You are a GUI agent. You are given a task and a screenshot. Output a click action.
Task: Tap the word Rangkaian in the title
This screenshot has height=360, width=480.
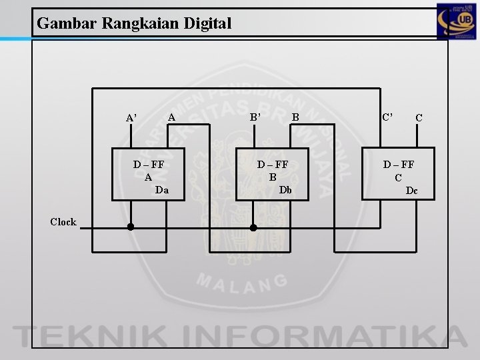point(137,24)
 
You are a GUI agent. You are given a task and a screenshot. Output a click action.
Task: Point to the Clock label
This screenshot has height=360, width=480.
point(63,222)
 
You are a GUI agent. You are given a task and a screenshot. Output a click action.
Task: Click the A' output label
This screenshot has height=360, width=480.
point(132,118)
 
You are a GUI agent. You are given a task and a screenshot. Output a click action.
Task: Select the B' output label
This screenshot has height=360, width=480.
point(255,118)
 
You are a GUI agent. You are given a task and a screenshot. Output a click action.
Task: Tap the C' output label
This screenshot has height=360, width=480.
point(387,117)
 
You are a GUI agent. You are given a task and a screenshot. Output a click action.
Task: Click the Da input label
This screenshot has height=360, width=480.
point(161,190)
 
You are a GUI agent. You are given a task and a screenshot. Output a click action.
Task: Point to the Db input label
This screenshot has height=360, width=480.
point(285,190)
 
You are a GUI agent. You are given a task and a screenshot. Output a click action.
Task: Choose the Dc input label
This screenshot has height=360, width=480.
point(412,191)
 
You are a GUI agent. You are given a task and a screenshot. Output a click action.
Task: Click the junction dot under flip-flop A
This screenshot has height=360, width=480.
point(131,227)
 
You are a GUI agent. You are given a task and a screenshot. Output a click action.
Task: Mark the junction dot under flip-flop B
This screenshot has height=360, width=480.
point(253,227)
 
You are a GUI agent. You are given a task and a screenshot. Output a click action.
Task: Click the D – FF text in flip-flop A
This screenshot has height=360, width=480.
point(148,165)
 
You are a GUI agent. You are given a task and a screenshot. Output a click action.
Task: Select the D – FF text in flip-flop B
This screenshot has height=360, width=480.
point(272,165)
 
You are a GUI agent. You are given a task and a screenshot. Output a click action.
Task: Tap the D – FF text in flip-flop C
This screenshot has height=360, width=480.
point(398,165)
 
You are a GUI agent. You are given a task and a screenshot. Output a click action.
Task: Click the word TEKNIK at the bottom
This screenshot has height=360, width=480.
point(87,334)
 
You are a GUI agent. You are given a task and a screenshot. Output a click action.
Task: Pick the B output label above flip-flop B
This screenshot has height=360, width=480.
point(295,118)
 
